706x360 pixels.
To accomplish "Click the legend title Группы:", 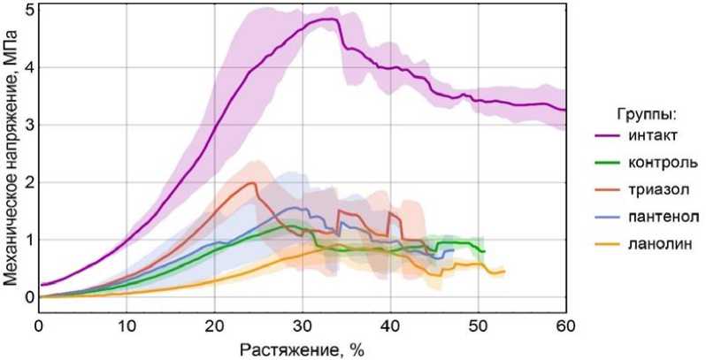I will [x=647, y=113].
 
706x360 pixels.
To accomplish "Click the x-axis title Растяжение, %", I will [x=302, y=349].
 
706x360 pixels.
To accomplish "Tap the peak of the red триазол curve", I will [x=253, y=183].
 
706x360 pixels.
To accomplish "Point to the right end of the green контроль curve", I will [x=484, y=251].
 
